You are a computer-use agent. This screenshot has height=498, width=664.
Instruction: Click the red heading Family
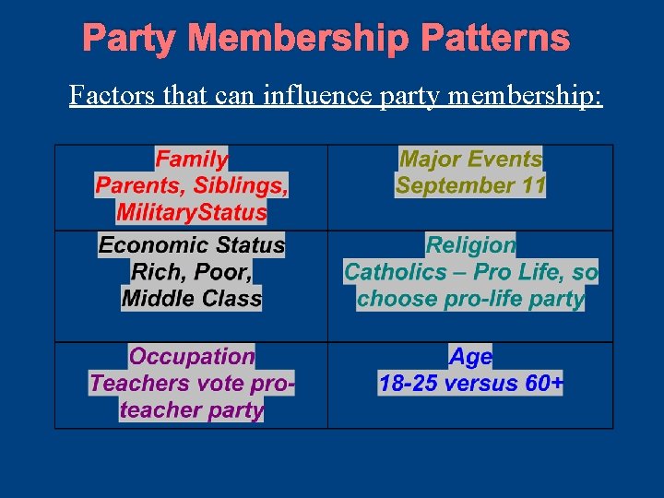(x=192, y=159)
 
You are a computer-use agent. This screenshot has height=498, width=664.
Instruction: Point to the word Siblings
(x=241, y=185)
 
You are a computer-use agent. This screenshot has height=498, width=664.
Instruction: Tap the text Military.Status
(x=192, y=212)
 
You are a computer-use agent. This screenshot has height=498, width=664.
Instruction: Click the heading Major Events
(x=470, y=159)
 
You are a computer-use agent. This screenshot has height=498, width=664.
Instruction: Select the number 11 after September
(x=533, y=185)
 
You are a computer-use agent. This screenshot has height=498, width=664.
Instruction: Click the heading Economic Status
(x=192, y=245)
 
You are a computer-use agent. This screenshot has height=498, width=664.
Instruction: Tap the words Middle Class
(x=192, y=299)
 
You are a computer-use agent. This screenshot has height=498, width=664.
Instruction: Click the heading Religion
(x=470, y=245)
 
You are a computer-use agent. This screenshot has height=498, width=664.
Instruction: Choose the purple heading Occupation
(x=192, y=357)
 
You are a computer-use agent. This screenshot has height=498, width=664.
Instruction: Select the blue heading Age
(x=470, y=357)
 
